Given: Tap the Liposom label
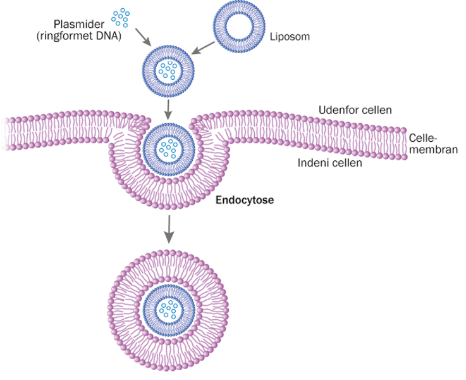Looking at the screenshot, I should tap(290, 37).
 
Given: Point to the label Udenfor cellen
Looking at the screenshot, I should tap(355, 110).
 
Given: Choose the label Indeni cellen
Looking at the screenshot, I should tap(329, 163).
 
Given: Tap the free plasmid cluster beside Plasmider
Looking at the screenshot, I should tap(120, 18).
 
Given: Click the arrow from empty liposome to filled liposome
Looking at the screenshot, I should tap(203, 45).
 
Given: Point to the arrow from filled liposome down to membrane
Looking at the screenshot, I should tap(168, 108).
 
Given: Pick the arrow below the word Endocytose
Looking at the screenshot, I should tap(168, 228).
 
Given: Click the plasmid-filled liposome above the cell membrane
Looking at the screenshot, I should tap(168, 70).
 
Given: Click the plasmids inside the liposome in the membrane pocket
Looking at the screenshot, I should tap(168, 149).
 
